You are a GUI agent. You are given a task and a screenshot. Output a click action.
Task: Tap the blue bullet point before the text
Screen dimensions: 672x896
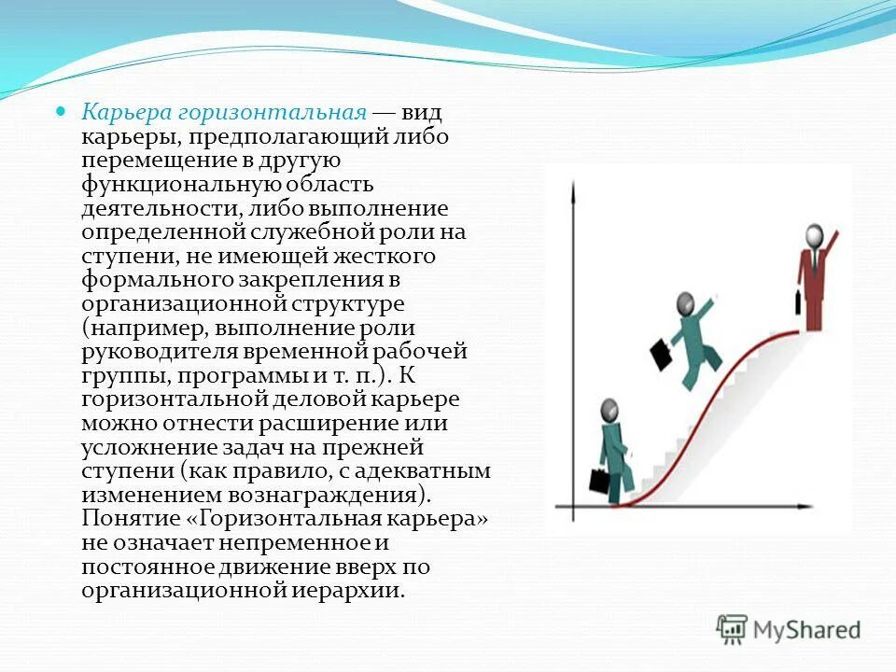coord(63,112)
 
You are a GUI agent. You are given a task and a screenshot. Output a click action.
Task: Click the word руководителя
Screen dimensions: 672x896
coord(160,353)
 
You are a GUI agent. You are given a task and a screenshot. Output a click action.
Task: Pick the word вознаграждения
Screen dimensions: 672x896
coord(340,495)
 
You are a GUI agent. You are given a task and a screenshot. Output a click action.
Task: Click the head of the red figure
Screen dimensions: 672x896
coord(814,234)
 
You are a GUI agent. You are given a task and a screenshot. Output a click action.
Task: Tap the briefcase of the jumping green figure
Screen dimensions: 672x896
coord(661,354)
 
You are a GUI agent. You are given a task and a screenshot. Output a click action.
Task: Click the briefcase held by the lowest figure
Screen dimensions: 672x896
coord(598,481)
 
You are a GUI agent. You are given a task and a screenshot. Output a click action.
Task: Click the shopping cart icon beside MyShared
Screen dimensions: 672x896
coord(732,628)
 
